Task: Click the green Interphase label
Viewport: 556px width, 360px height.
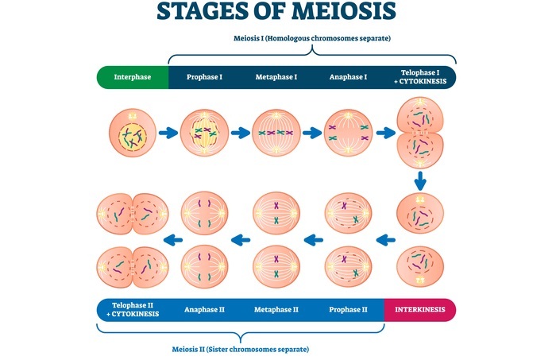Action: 132,77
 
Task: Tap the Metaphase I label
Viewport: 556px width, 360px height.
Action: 276,77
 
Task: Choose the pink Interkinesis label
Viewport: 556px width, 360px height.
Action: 420,309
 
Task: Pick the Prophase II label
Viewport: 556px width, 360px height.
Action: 348,309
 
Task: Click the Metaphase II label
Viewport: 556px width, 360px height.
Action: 276,309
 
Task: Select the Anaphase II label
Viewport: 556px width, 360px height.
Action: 205,309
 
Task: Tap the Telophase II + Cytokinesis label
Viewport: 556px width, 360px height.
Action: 133,309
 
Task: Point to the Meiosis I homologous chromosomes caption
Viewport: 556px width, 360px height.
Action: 312,38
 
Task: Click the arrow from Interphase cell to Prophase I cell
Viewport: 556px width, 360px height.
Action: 168,133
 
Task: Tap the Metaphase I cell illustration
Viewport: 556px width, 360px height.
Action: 276,133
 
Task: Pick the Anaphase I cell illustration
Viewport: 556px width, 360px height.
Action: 349,133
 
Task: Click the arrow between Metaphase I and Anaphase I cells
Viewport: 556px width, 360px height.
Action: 313,133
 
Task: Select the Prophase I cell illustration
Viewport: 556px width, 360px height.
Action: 204,133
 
